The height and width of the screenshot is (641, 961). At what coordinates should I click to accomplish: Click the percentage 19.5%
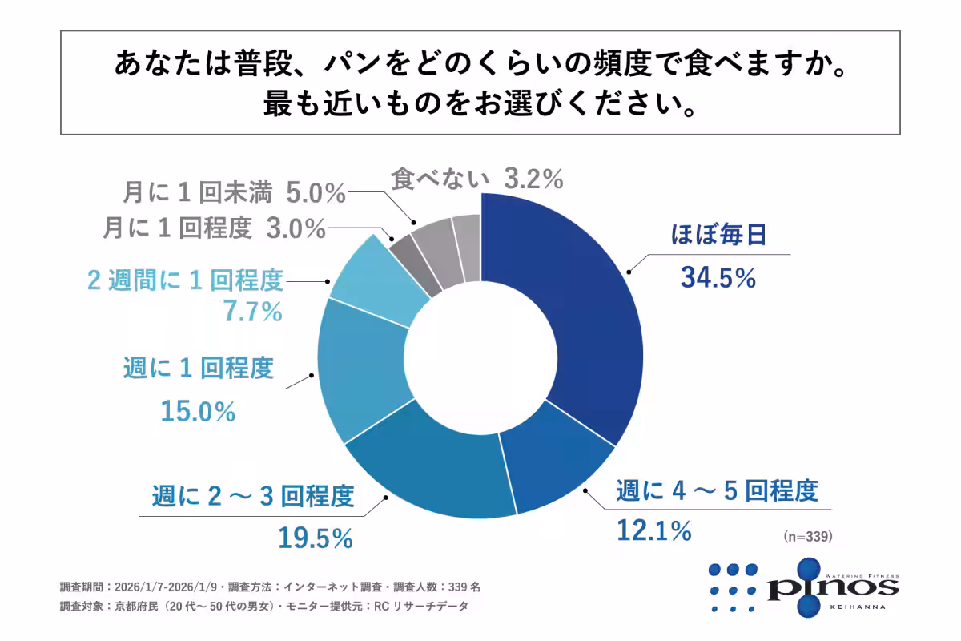click(x=316, y=538)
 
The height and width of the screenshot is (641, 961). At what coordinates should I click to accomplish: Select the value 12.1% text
click(x=653, y=530)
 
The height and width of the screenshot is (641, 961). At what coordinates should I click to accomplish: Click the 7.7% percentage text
click(x=253, y=311)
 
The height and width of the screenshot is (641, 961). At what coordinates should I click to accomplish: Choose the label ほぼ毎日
click(x=718, y=236)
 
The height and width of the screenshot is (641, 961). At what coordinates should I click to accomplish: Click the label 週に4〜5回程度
click(x=717, y=491)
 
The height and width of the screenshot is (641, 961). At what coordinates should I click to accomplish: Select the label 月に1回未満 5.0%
click(x=234, y=193)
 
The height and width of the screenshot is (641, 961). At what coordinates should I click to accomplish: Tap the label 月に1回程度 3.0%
click(x=214, y=229)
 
